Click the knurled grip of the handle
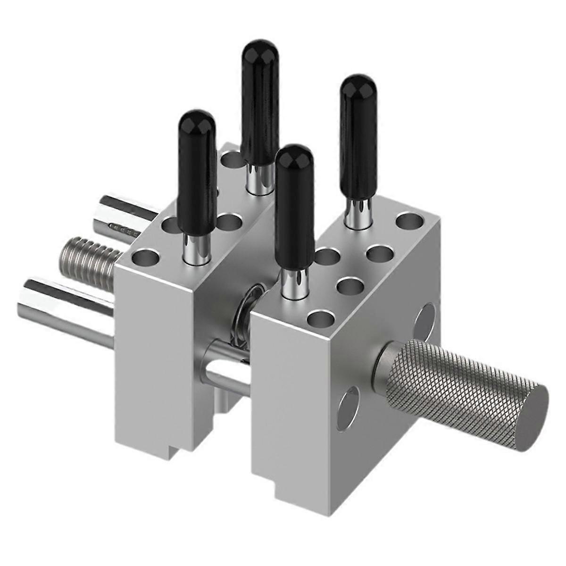453,377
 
